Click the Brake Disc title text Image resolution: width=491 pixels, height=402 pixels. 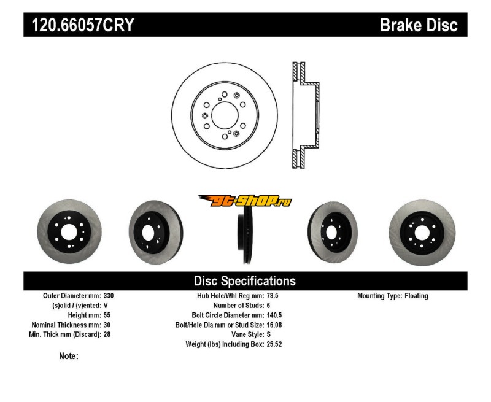(x=419, y=25)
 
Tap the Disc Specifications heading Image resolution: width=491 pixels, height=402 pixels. (x=245, y=281)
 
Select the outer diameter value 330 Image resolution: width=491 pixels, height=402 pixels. (x=109, y=296)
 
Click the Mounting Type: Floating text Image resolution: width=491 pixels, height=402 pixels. (x=393, y=296)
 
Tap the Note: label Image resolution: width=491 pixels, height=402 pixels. (x=68, y=356)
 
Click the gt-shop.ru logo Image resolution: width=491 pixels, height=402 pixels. (x=245, y=201)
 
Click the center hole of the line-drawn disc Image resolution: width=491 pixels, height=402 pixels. (x=223, y=115)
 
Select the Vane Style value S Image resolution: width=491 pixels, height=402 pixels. (x=269, y=334)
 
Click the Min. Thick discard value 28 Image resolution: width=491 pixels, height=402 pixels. (x=107, y=334)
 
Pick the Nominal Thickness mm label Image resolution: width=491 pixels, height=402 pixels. (x=67, y=325)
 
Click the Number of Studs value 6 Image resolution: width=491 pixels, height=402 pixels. (x=269, y=305)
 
